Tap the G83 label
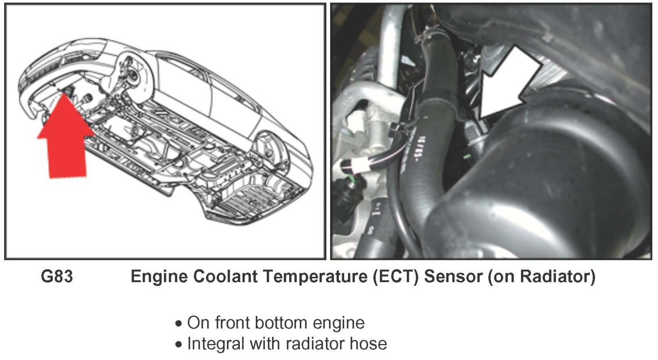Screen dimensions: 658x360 (x=57, y=276)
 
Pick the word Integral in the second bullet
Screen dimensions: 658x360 (x=216, y=344)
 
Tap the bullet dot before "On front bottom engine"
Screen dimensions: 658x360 (x=178, y=323)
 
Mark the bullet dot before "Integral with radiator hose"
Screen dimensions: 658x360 (x=178, y=344)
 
